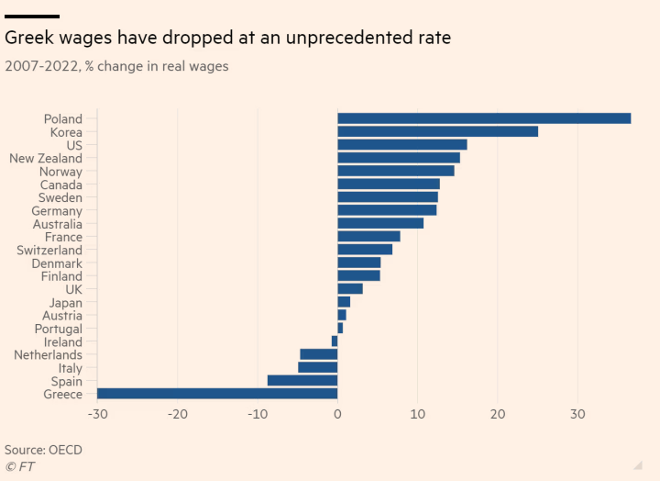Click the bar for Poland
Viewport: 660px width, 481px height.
pyautogui.click(x=484, y=118)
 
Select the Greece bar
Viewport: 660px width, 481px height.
pyautogui.click(x=217, y=394)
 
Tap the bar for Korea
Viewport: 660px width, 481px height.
pyautogui.click(x=437, y=131)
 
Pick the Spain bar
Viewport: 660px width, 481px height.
pyautogui.click(x=302, y=380)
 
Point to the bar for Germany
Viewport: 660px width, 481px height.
pyautogui.click(x=387, y=210)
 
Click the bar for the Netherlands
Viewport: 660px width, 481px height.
pyautogui.click(x=319, y=354)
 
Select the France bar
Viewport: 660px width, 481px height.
pyautogui.click(x=368, y=236)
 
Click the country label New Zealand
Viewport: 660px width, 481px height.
pyautogui.click(x=46, y=158)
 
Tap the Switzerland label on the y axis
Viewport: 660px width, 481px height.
pyautogui.click(x=49, y=250)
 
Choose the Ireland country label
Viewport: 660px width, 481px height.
pyautogui.click(x=63, y=341)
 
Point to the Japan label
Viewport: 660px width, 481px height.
pyautogui.click(x=66, y=302)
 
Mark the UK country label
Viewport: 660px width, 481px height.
pyautogui.click(x=73, y=289)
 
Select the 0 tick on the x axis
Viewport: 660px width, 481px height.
pyautogui.click(x=337, y=415)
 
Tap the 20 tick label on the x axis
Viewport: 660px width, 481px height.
pyautogui.click(x=497, y=415)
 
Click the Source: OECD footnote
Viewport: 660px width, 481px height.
pyautogui.click(x=43, y=450)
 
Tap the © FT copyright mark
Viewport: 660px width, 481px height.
pyautogui.click(x=19, y=466)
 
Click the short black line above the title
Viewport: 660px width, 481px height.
pyautogui.click(x=32, y=16)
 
